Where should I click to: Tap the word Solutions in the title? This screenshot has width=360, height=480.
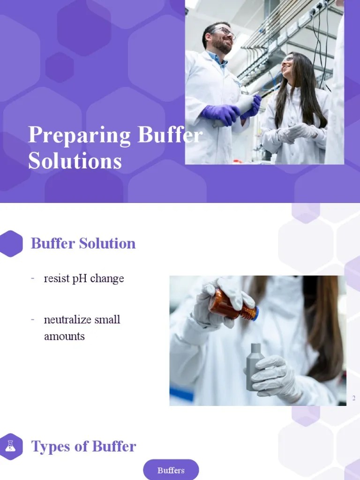click(75, 161)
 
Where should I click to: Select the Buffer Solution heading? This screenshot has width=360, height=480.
click(83, 243)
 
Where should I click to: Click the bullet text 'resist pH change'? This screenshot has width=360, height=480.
click(84, 278)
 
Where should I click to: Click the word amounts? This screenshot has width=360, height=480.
click(64, 336)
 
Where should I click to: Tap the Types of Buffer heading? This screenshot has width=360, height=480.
click(83, 447)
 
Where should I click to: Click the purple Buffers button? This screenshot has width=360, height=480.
click(171, 470)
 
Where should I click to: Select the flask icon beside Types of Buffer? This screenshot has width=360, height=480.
click(11, 446)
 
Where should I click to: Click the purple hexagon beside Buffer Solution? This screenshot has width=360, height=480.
click(11, 243)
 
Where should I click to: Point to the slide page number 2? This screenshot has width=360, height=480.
click(354, 398)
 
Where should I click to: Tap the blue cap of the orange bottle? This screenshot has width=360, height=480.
click(255, 314)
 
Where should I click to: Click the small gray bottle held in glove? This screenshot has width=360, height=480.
click(255, 366)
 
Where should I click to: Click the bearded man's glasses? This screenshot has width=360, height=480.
click(224, 32)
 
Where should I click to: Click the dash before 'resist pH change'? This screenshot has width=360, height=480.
click(33, 278)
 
